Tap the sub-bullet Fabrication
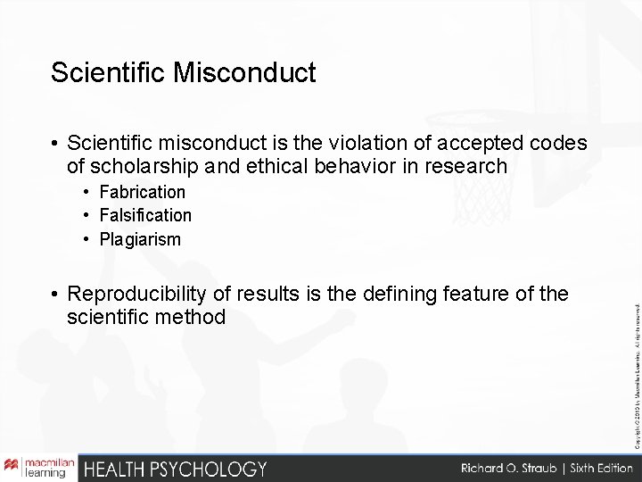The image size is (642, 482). click(142, 192)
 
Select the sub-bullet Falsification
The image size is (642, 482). click(145, 215)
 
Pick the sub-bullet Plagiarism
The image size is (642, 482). click(140, 239)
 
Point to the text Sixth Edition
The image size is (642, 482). click(591, 468)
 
